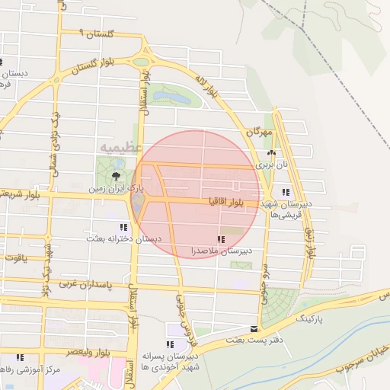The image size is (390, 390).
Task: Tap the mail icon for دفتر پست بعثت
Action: pos(254,329)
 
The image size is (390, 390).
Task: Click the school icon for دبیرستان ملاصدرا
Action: pos(221,240)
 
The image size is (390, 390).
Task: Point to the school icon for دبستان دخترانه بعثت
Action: pos(123,227)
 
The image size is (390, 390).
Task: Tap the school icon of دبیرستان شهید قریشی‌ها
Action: pos(286,192)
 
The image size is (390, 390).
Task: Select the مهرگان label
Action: pos(260,132)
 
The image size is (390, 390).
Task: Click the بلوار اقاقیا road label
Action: pos(229,202)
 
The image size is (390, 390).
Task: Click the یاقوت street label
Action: pos(14,257)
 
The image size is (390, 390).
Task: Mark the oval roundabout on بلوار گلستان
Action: pos(141,62)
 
